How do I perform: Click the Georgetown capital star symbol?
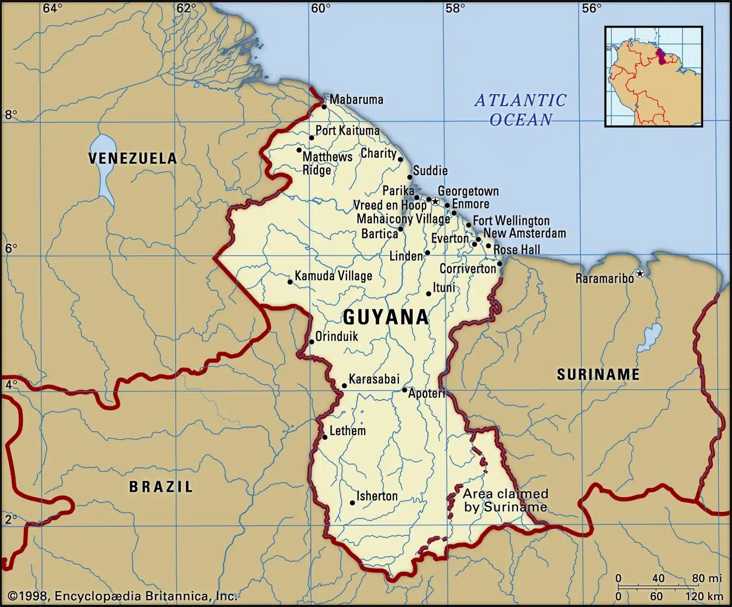(436, 202)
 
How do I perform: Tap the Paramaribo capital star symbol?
(640, 274)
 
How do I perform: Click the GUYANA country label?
(386, 317)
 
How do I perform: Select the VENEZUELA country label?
(133, 158)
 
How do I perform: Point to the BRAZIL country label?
(161, 487)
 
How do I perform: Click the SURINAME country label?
(598, 375)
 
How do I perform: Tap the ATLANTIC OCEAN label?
(521, 110)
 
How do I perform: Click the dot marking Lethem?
(325, 437)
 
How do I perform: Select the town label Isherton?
(377, 496)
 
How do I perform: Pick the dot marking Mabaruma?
(324, 107)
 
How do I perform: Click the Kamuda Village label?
(333, 276)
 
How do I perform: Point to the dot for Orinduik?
(312, 342)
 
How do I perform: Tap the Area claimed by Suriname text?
(505, 500)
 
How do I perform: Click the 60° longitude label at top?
(321, 8)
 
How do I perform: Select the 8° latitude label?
(11, 114)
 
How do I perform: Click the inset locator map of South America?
(653, 76)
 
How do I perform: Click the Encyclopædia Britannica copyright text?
(123, 596)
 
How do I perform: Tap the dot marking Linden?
(427, 252)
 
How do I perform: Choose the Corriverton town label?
(468, 269)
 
